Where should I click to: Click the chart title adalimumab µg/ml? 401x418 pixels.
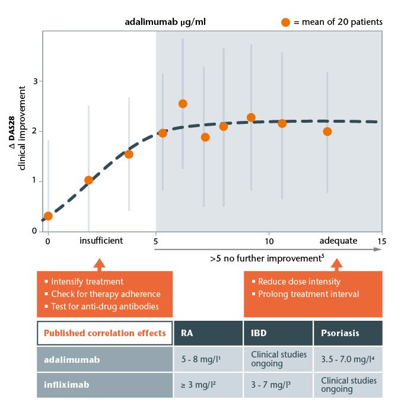point(166,23)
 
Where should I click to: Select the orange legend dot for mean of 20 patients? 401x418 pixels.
point(285,23)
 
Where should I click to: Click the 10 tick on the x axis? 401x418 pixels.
point(269,241)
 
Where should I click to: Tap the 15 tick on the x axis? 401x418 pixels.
point(380,241)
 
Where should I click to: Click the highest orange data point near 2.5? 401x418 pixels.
point(183,104)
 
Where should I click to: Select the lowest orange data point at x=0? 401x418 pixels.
point(48,216)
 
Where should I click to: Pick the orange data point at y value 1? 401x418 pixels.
point(88,180)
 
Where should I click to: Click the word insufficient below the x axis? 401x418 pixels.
point(101,241)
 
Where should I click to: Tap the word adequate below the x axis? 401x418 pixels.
point(338,241)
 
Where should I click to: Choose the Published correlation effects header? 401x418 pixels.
point(105,333)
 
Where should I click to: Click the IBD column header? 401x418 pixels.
point(257,333)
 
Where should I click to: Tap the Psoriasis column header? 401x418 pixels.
point(340,333)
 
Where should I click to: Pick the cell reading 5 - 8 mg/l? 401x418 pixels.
point(202,359)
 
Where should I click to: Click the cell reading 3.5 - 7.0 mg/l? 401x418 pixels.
point(348,359)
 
